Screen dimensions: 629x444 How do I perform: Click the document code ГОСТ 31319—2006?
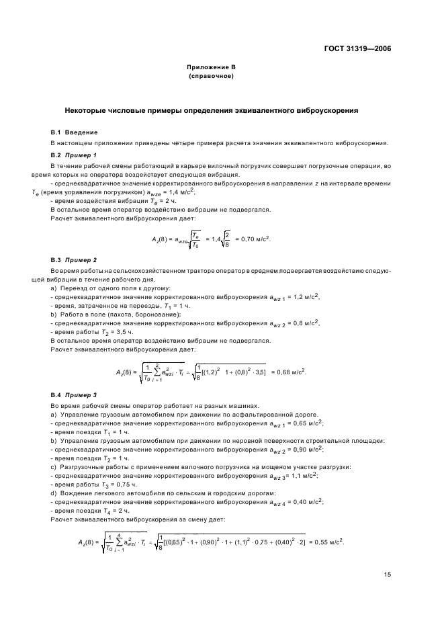357,48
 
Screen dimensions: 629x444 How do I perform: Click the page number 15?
388,574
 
